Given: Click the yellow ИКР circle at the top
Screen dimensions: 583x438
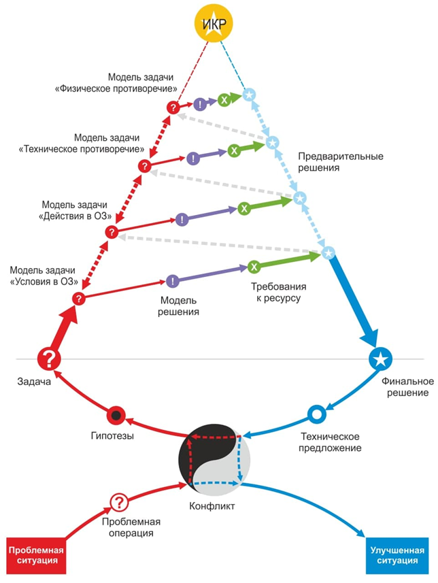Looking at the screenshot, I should (x=214, y=24).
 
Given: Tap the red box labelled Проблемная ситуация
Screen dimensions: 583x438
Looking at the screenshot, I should (x=37, y=555).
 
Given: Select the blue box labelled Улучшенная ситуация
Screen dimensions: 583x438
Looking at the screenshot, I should (x=395, y=555).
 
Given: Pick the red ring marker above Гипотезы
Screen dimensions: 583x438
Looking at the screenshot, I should (x=117, y=415).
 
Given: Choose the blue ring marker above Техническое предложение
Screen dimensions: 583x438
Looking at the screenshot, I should (x=316, y=414).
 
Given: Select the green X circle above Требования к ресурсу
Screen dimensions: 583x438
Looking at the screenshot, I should (x=253, y=267).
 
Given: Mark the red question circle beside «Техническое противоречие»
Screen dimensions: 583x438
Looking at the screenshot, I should (x=144, y=166).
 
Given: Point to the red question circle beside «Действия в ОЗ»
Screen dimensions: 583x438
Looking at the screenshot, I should (x=112, y=232).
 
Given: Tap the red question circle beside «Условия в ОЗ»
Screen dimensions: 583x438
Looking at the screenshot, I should (x=79, y=298).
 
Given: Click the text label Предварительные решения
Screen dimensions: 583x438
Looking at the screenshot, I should (x=340, y=161).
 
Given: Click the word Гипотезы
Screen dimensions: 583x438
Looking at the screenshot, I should (x=109, y=435).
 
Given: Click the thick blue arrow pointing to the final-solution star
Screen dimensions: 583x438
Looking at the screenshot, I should (x=354, y=299).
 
